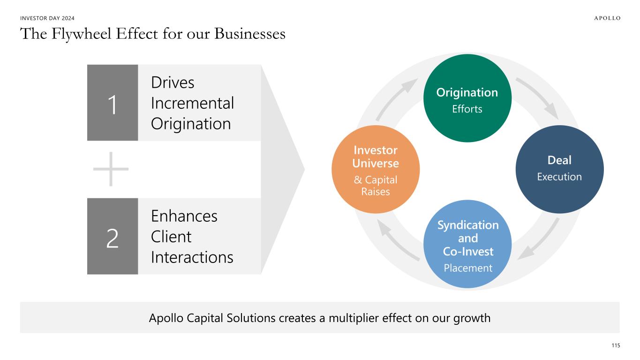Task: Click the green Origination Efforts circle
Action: tap(467, 98)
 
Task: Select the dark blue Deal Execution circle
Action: tap(559, 169)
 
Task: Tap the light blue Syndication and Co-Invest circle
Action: tap(467, 244)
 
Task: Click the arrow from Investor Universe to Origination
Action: tap(397, 98)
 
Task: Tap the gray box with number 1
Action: tap(113, 103)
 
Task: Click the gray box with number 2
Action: tap(113, 236)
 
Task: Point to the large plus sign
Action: tap(111, 169)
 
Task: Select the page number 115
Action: tap(616, 345)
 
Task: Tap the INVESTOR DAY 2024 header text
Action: tap(47, 18)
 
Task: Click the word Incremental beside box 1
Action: tap(192, 103)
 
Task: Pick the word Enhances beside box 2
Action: tap(184, 216)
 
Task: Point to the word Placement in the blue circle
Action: tap(467, 268)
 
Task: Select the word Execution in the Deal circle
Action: tap(559, 177)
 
